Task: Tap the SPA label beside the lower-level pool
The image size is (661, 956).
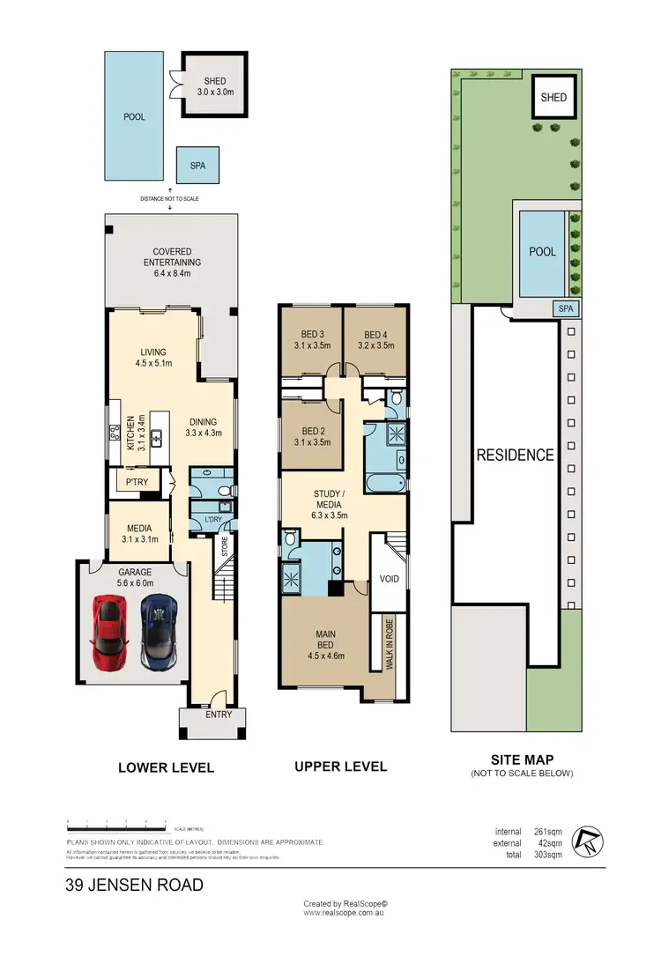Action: (x=197, y=165)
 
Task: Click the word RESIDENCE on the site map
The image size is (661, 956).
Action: (x=516, y=456)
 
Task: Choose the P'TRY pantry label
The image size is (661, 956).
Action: (x=136, y=483)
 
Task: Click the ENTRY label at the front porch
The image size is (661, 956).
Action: (x=219, y=715)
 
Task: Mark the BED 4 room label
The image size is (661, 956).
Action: (x=375, y=340)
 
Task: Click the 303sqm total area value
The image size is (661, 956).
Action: (x=547, y=856)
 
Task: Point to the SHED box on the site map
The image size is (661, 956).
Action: (x=553, y=97)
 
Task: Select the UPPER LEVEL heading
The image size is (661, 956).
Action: (x=340, y=767)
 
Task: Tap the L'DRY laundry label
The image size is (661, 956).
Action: (x=212, y=520)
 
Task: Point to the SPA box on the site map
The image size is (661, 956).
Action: (x=566, y=308)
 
